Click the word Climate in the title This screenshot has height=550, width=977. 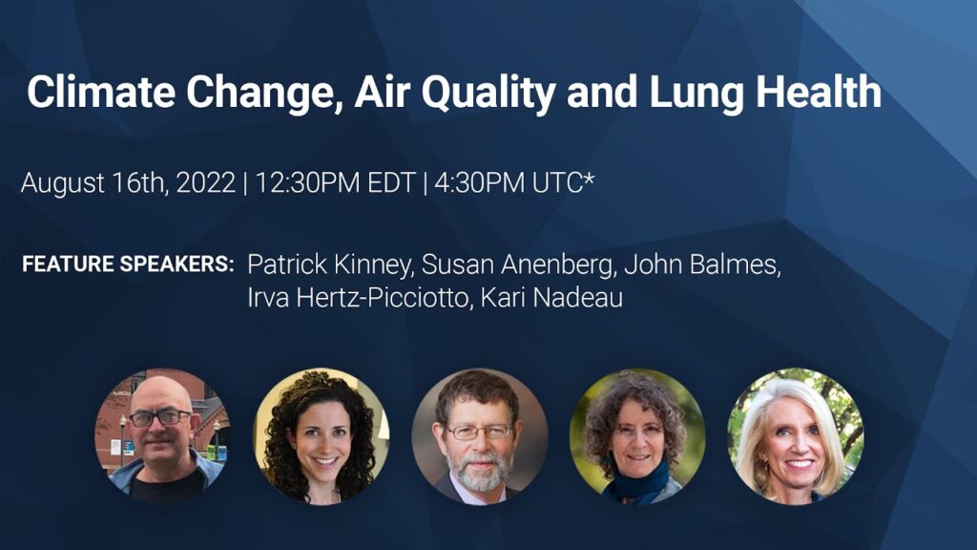[x=101, y=92]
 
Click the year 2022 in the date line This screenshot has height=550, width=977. [x=206, y=182]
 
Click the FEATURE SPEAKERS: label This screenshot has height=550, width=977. [x=128, y=264]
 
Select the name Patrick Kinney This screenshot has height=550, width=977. [x=330, y=265]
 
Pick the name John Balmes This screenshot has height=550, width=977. [x=702, y=265]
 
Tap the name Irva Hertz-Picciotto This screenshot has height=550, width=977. [x=360, y=298]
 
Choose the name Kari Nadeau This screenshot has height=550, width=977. [x=551, y=298]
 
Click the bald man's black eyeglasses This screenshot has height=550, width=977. [x=159, y=417]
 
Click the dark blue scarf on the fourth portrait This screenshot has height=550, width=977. [x=636, y=482]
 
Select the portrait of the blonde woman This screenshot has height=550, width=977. [x=796, y=435]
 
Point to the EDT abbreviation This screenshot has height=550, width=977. [x=391, y=182]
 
